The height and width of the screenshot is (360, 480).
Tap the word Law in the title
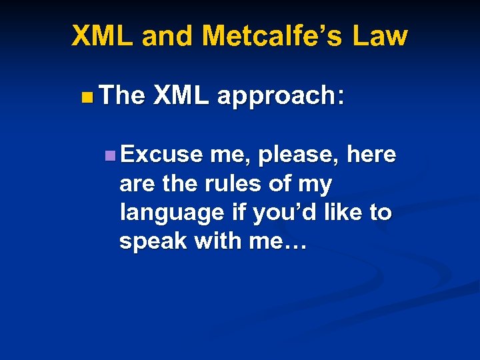(379, 35)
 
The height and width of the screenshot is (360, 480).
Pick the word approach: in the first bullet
(281, 97)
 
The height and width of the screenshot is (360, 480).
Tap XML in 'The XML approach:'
(181, 96)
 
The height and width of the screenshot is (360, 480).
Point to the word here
(371, 155)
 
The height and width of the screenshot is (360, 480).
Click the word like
(343, 213)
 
